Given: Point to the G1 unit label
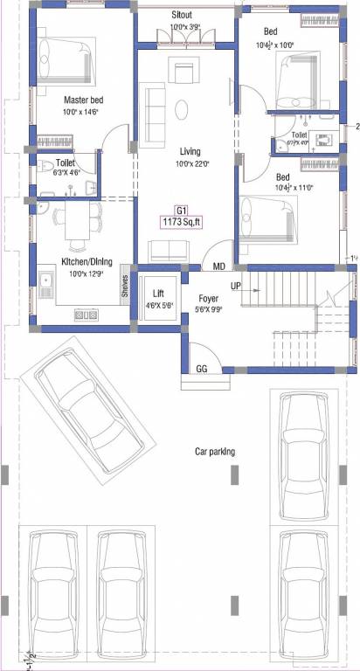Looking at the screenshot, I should tap(182, 211).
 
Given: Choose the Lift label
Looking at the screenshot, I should tap(158, 294).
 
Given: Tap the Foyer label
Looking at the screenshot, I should tap(208, 298).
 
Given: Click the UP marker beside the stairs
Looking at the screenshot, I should tap(236, 286).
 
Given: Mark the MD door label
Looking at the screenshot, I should tap(218, 266).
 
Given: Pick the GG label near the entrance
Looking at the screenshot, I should tap(201, 370).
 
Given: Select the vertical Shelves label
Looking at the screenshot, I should tap(125, 287).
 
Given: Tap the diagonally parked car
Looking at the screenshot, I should tap(88, 411).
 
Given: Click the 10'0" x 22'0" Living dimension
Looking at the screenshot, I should tap(183, 163).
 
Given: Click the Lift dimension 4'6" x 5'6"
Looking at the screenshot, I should tap(158, 305).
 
